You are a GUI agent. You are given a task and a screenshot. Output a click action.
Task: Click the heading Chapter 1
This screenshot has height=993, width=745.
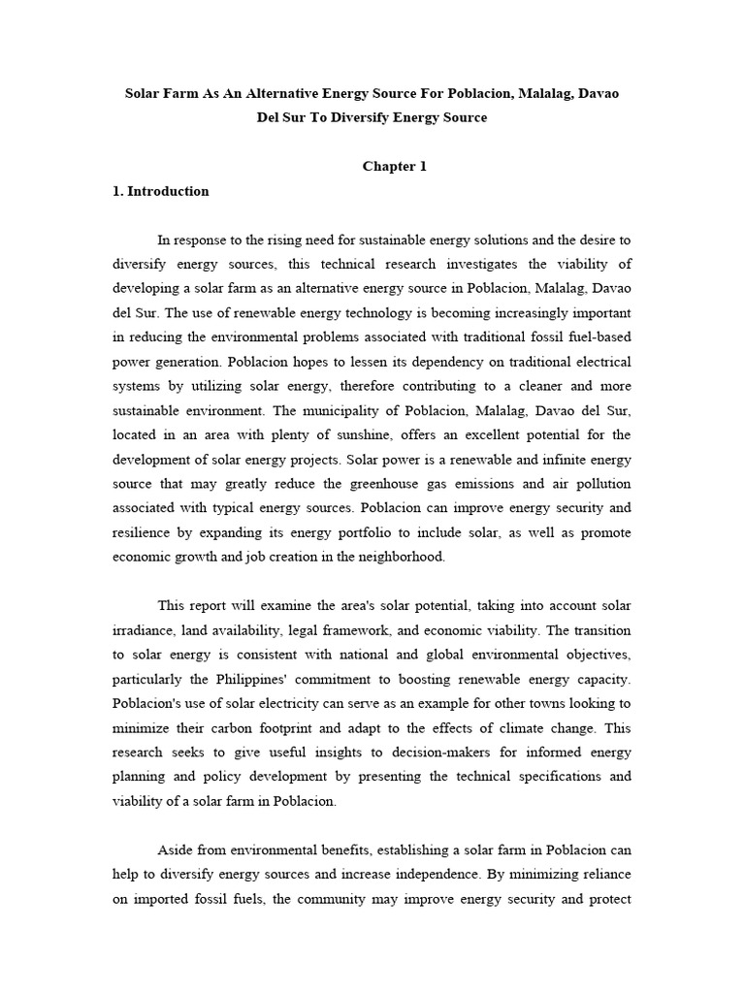(x=394, y=167)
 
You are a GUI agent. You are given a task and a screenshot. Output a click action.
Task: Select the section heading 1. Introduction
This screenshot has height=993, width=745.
(x=160, y=191)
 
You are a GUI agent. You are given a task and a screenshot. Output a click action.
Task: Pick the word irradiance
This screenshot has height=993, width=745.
(x=146, y=630)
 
